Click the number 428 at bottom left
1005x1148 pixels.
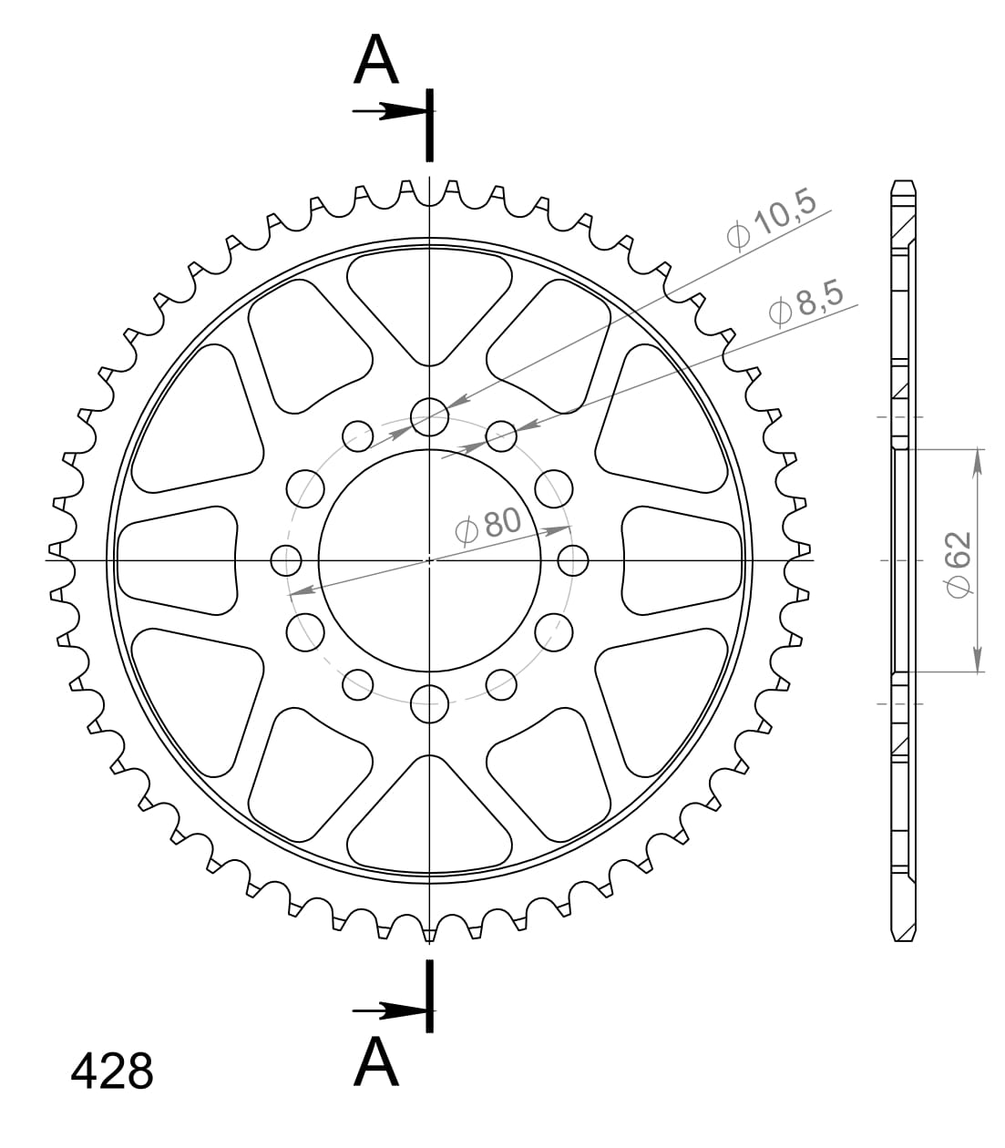coord(112,1072)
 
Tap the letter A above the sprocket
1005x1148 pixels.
coord(376,61)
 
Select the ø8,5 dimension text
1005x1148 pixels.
coord(806,302)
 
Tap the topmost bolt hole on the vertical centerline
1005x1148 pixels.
coord(430,417)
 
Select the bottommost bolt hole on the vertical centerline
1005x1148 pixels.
coord(430,702)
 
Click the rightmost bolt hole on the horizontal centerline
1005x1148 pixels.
coord(573,560)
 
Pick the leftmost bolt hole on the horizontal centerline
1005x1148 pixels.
coord(287,560)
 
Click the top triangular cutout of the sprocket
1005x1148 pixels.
coord(430,301)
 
